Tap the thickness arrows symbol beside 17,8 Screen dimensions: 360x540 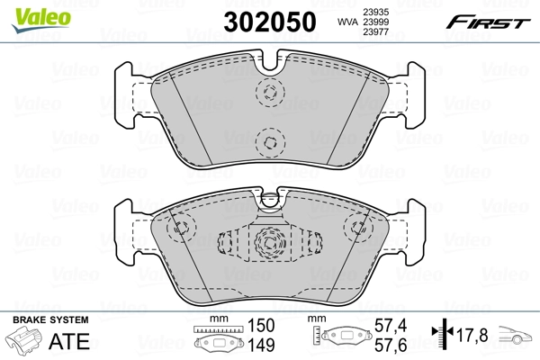(x=441, y=337)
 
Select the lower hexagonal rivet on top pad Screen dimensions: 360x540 (x=268, y=139)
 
